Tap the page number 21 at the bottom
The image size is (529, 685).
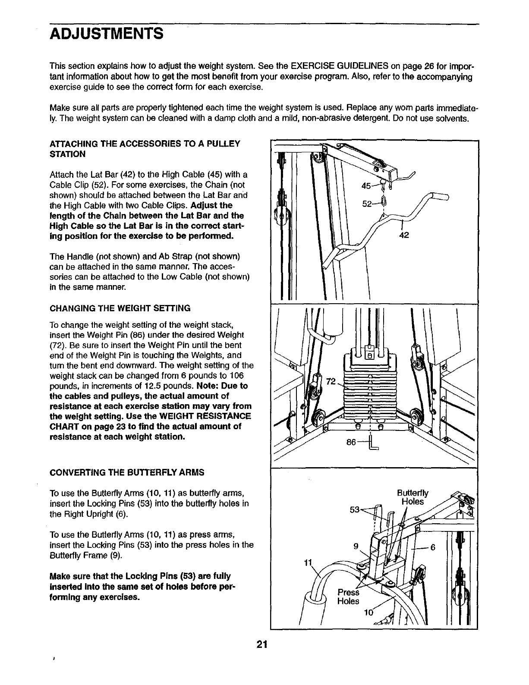(262, 645)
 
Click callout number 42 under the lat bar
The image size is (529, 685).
(403, 236)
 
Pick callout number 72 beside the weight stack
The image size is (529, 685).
(331, 381)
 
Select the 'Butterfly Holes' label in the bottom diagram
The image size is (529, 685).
(412, 497)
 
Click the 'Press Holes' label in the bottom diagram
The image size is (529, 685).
(348, 597)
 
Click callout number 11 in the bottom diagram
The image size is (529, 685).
(307, 563)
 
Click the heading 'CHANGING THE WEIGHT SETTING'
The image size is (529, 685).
(120, 308)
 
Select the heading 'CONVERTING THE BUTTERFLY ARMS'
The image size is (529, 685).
(127, 472)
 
